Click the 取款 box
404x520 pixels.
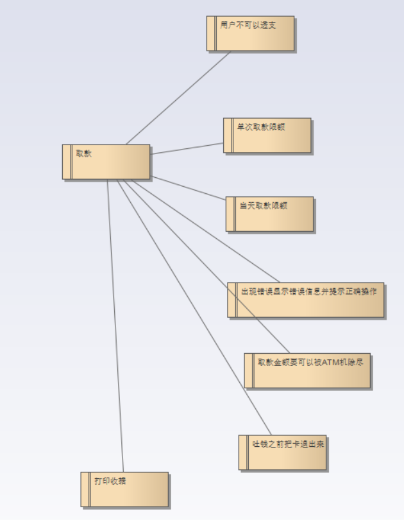point(109,164)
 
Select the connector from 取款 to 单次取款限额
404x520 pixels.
point(187,148)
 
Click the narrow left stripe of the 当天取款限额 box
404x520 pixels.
point(230,214)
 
